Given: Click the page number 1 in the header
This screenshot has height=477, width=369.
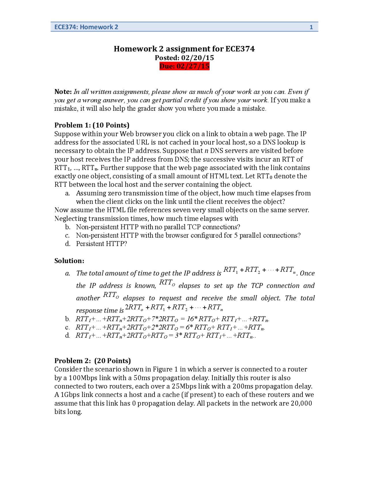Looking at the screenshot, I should pyautogui.click(x=311, y=27).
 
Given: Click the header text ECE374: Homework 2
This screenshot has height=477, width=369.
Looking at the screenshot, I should pyautogui.click(x=86, y=27).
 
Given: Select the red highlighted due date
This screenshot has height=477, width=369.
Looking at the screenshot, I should pyautogui.click(x=184, y=66).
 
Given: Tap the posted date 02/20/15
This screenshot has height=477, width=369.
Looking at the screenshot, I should pyautogui.click(x=197, y=58).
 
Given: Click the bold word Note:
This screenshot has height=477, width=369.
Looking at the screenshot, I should pyautogui.click(x=63, y=92).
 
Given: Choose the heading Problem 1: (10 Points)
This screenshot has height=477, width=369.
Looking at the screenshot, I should pyautogui.click(x=92, y=125).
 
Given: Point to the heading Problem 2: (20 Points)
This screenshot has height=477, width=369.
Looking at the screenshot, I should pyautogui.click(x=93, y=361).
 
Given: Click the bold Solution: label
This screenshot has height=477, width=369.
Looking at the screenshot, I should pyautogui.click(x=69, y=261).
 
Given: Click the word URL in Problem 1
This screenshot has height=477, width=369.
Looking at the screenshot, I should pyautogui.click(x=143, y=142).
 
